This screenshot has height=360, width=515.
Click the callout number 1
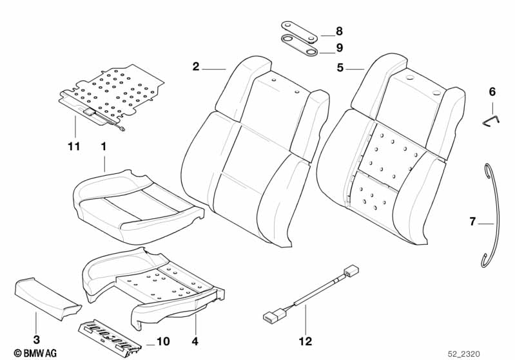pos(102,146)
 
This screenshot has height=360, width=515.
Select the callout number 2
pos(196,66)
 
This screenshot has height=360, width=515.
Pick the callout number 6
pos(492,92)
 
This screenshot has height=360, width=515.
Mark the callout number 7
pos(473,222)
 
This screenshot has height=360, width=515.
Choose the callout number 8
pos(340,32)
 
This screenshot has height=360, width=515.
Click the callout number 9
pos(340,48)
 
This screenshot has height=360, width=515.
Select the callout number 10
pos(163,342)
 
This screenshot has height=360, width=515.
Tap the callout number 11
pos(74,146)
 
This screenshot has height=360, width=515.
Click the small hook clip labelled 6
pos(492,118)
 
